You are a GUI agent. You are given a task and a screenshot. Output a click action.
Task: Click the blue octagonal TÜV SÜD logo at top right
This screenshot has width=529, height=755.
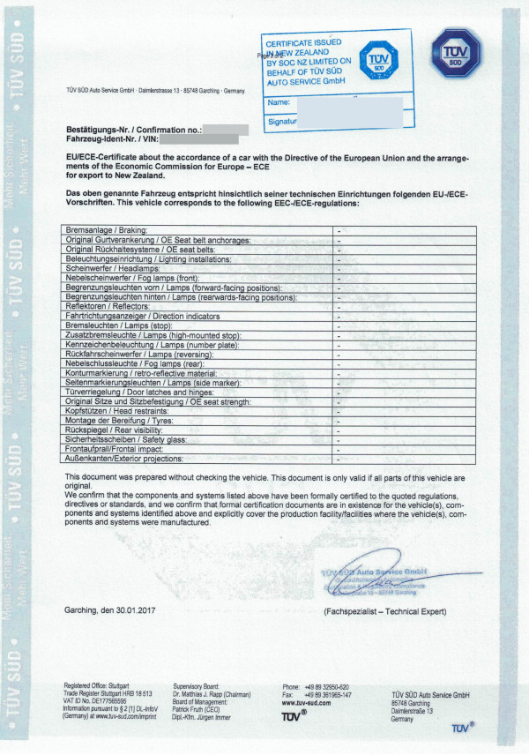458,56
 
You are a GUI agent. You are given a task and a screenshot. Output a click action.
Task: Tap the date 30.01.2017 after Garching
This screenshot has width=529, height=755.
143,609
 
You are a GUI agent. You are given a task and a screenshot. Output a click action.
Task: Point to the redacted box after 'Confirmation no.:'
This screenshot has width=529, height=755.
226,130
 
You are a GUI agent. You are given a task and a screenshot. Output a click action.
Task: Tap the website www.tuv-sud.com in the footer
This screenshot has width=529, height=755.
307,701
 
